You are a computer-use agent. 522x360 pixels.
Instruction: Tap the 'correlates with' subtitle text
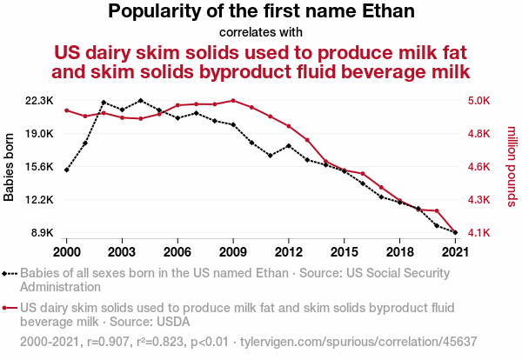pyautogui.click(x=261, y=32)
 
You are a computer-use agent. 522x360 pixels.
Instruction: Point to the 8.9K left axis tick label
pyautogui.click(x=41, y=233)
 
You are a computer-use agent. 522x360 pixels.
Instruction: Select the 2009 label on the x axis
pyautogui.click(x=233, y=252)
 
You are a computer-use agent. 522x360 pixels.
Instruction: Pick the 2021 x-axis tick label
pyautogui.click(x=455, y=252)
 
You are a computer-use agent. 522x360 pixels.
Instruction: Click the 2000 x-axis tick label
pyautogui.click(x=67, y=252)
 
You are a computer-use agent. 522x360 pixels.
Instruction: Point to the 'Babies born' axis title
pyautogui.click(x=10, y=167)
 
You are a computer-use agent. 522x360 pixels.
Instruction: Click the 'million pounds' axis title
pyautogui.click(x=512, y=167)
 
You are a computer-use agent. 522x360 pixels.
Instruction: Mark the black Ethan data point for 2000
pyautogui.click(x=67, y=170)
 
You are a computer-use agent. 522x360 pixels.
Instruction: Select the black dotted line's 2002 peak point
pyautogui.click(x=104, y=103)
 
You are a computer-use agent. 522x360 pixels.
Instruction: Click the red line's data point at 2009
pyautogui.click(x=233, y=100)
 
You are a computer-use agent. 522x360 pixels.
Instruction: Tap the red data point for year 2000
pyautogui.click(x=67, y=110)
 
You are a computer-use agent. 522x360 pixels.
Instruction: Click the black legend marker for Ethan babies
pyautogui.click(x=10, y=273)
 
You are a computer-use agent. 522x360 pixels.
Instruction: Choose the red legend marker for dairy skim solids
pyautogui.click(x=10, y=307)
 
